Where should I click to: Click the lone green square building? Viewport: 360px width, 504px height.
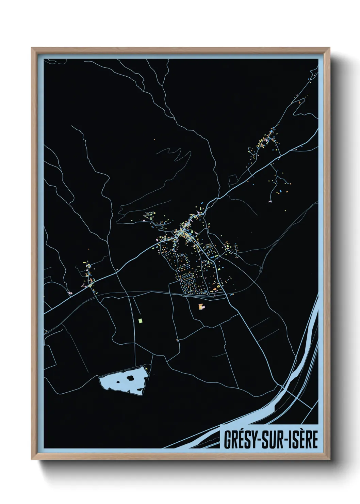tap(140, 320)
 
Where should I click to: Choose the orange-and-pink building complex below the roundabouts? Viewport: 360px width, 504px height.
tap(201, 306)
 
